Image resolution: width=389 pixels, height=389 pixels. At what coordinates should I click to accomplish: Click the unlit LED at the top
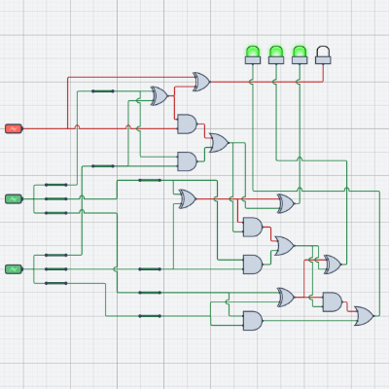coord(323,53)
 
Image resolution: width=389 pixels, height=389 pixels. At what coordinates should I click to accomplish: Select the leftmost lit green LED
coord(253,53)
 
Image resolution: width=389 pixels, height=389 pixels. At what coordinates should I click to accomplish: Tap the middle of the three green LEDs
coord(276,53)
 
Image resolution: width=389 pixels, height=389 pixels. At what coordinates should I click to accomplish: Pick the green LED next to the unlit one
coord(300,53)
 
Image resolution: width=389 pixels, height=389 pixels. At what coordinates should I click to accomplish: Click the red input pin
coord(14,128)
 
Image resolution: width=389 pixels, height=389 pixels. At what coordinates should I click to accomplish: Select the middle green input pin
coord(14,198)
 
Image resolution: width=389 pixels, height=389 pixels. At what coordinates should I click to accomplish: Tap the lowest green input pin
coord(14,268)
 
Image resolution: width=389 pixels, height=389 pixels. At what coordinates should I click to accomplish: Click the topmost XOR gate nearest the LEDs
coord(201,82)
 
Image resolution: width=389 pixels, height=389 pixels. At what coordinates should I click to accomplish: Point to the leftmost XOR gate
coord(159,95)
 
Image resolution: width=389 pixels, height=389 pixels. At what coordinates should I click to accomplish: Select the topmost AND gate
coord(187,124)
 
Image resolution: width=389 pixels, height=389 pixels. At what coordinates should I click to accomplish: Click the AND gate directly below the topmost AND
coord(187,160)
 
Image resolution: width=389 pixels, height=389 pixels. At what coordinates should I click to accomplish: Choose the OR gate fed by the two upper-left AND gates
coord(219,143)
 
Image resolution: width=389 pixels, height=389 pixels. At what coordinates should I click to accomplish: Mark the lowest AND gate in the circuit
coord(252,320)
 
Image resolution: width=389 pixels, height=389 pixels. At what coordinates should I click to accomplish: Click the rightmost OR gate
coord(364,315)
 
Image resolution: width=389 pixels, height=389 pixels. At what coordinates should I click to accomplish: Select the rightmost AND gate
coord(332,301)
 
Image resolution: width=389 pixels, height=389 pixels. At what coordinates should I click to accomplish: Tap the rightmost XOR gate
coord(333,265)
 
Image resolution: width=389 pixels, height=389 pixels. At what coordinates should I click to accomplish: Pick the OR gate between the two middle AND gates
coord(284,245)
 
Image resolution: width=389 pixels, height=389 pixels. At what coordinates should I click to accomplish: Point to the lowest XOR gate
coord(286,297)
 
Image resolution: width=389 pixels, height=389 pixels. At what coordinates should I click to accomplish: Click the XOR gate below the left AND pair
coord(187,198)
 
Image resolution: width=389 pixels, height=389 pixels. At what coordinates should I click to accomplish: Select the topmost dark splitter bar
coord(102,91)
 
